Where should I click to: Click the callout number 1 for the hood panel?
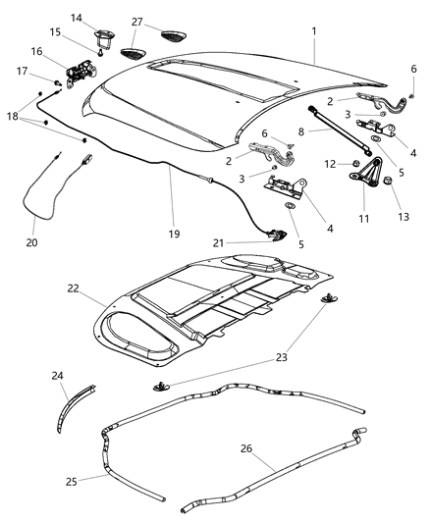[x=314, y=30]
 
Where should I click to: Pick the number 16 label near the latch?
[x=35, y=51]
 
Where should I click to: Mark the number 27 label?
[x=136, y=21]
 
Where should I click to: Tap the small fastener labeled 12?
[x=351, y=163]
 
